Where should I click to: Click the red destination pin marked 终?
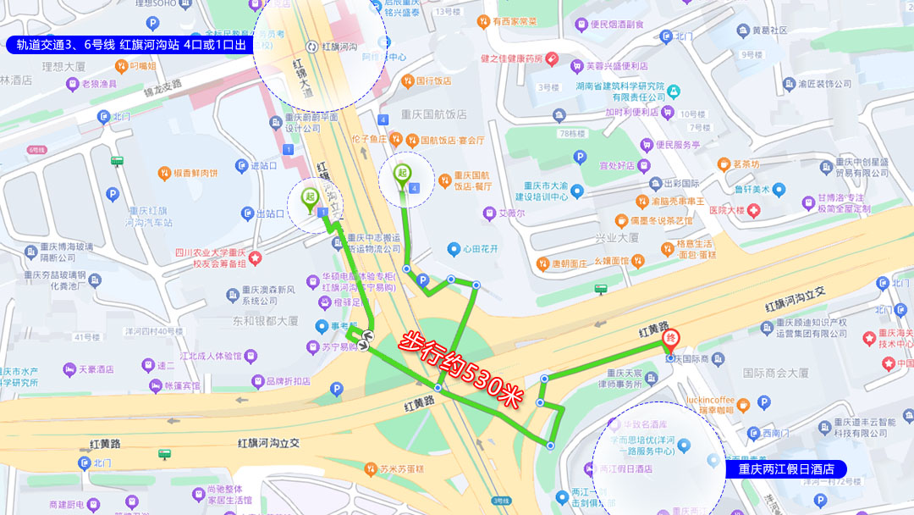pyautogui.click(x=669, y=341)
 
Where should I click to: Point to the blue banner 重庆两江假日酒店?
pyautogui.click(x=786, y=468)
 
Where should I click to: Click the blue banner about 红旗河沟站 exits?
pyautogui.click(x=130, y=45)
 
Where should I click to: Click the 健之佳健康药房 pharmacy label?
pyautogui.click(x=510, y=58)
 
